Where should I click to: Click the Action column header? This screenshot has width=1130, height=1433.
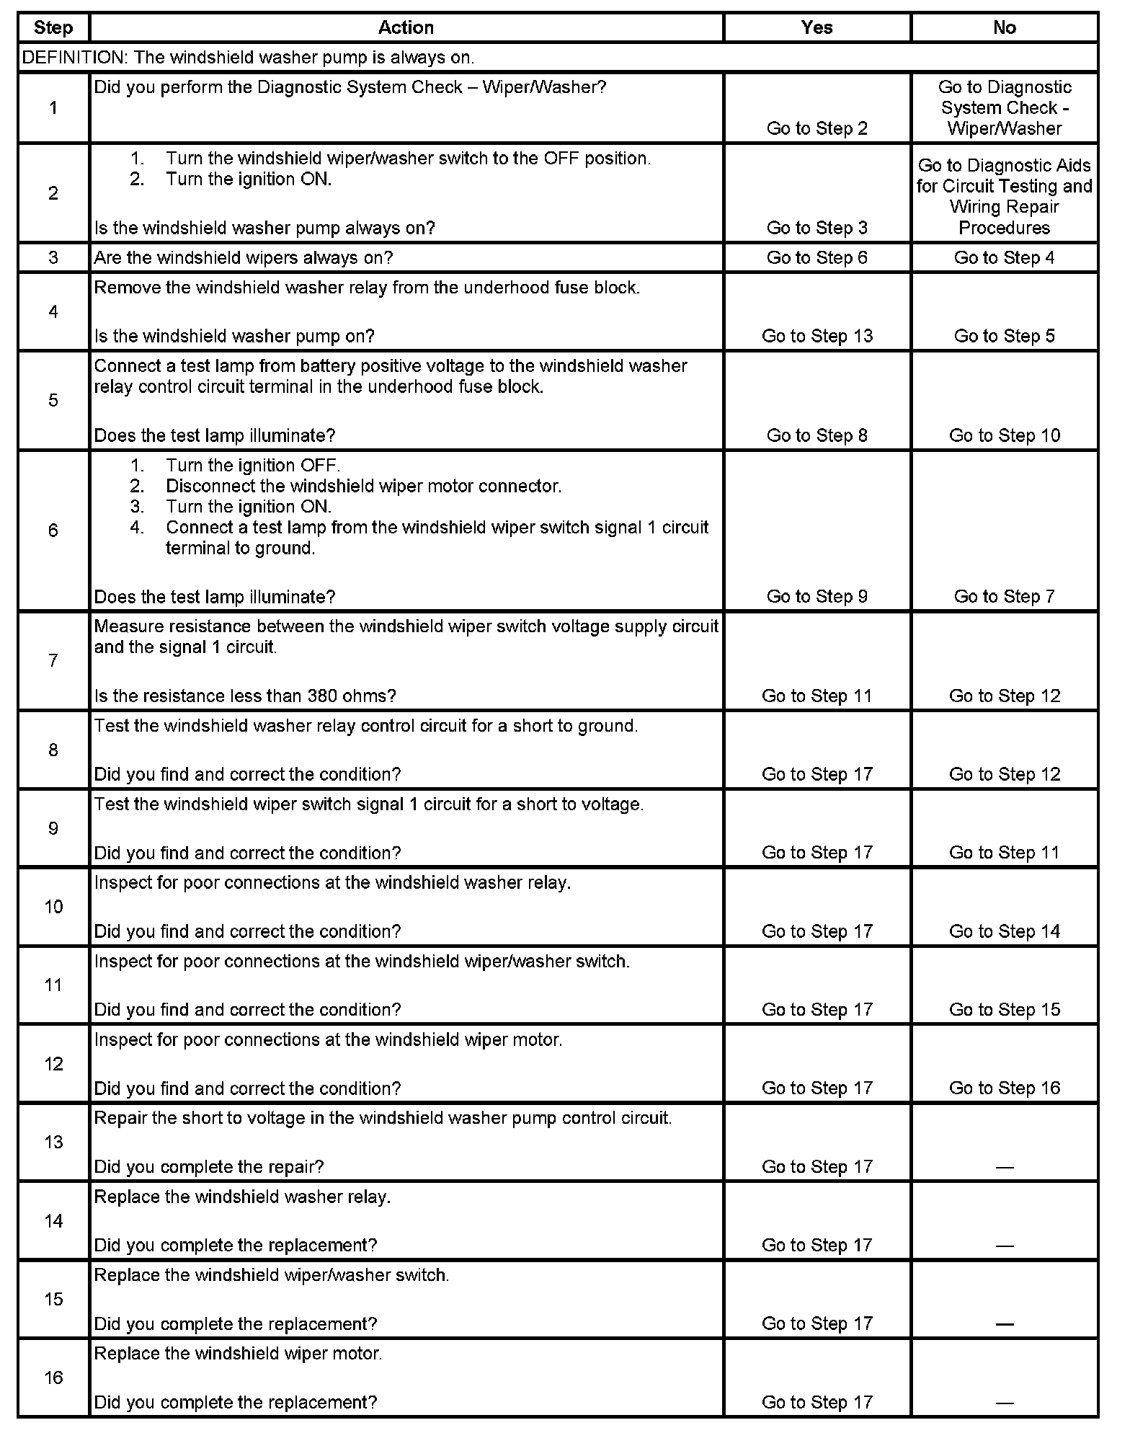tap(406, 27)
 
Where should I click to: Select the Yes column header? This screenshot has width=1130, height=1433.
tap(817, 27)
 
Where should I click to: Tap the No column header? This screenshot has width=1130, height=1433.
tap(1004, 27)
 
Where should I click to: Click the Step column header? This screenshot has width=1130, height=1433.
tap(53, 27)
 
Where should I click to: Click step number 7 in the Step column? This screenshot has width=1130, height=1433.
tap(53, 660)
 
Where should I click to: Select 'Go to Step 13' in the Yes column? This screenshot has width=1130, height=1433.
tap(817, 336)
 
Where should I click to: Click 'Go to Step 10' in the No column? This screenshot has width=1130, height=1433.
tap(1004, 435)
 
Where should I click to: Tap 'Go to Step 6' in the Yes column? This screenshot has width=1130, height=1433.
tap(817, 258)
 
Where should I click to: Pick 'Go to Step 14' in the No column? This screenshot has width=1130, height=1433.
tap(1004, 931)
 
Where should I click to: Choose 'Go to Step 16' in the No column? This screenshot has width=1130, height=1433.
tap(1004, 1088)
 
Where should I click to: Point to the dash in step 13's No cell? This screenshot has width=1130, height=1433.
tap(1004, 1167)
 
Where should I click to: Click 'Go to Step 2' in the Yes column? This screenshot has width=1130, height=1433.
tap(817, 128)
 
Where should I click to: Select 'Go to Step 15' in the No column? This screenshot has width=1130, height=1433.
tap(1004, 1010)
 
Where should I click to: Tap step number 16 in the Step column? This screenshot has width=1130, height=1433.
tap(53, 1377)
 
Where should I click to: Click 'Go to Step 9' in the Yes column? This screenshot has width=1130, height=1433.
tap(817, 596)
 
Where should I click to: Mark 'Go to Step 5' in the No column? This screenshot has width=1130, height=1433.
tap(1004, 336)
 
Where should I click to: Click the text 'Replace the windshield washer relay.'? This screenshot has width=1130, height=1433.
tap(242, 1197)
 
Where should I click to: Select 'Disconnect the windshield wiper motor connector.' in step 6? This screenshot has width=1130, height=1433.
tap(363, 486)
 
